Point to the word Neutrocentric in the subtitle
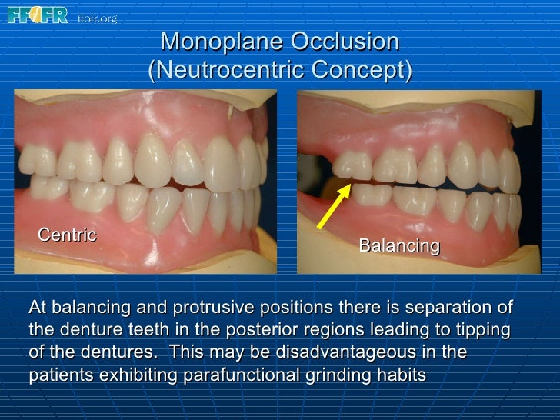coord(228,71)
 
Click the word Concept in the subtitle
coord(361,71)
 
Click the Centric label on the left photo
coord(68,234)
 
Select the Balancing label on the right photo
coord(398,245)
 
